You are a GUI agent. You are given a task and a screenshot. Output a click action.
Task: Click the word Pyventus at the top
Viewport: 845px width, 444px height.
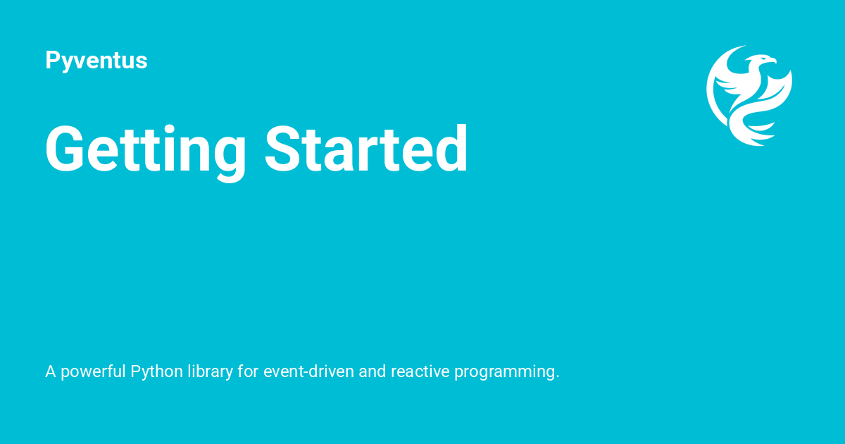96,61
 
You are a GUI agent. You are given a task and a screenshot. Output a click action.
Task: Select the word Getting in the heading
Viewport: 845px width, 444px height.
145,150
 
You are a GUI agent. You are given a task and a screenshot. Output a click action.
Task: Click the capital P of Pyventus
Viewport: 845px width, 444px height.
51,60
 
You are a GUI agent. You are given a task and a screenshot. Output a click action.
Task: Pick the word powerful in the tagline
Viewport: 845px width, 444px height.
93,372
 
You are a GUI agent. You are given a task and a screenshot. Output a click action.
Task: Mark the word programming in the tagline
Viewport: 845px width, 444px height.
506,372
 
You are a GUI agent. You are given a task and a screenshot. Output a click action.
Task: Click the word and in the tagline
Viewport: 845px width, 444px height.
372,371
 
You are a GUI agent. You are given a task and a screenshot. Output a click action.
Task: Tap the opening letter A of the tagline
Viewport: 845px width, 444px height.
51,371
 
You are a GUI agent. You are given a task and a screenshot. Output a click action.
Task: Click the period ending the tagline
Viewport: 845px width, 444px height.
558,377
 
